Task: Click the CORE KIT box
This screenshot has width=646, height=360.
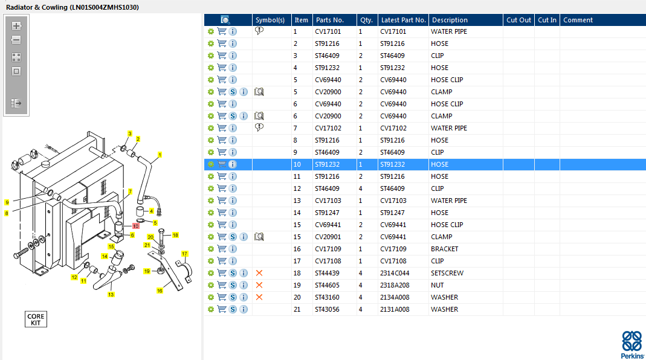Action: [36, 319]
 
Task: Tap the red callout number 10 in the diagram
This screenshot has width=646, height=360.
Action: [136, 226]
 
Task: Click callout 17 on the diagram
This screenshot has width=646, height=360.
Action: [184, 254]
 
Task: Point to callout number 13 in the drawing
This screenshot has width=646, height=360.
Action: [111, 295]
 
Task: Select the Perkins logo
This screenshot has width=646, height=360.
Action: [632, 344]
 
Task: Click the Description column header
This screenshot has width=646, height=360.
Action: [450, 20]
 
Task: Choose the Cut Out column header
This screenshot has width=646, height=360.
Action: [518, 20]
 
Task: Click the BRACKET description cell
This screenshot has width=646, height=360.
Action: [444, 249]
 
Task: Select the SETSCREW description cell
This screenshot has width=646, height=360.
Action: [447, 273]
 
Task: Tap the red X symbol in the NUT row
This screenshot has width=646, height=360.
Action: [259, 285]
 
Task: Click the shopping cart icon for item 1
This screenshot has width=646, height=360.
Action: [222, 31]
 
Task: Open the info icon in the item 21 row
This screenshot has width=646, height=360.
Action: [244, 309]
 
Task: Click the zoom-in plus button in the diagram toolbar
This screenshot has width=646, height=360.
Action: [16, 26]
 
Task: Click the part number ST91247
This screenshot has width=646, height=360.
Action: [328, 213]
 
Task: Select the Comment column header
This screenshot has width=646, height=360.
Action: [578, 20]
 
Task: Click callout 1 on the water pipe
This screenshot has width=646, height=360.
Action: [160, 155]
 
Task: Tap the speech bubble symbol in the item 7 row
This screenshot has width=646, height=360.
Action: [259, 127]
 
